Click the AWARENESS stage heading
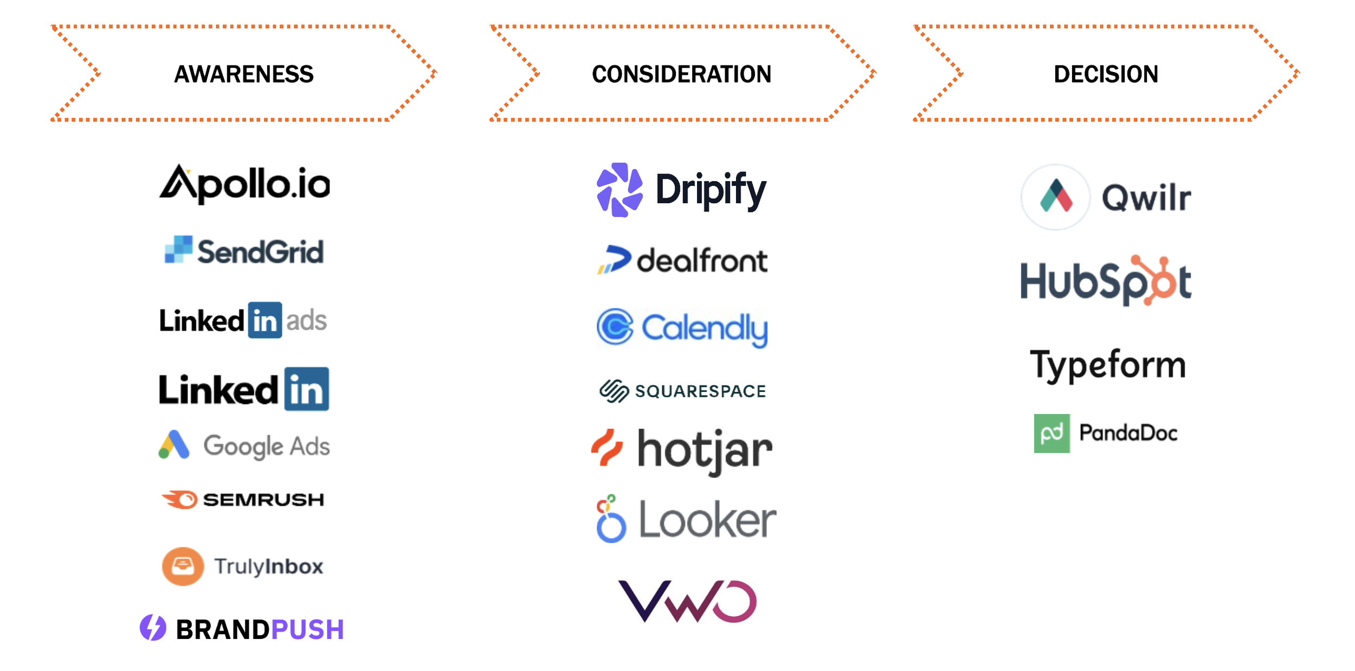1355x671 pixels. click(243, 74)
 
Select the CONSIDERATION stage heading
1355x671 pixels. click(681, 74)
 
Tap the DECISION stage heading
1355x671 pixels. click(1106, 74)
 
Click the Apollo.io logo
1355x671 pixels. click(244, 184)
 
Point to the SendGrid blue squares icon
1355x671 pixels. click(178, 250)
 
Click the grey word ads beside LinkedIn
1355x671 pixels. click(306, 321)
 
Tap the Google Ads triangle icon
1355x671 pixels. click(174, 445)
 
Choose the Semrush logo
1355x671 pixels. click(243, 499)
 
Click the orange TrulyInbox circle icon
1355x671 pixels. click(183, 566)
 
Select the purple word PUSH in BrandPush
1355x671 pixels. click(307, 630)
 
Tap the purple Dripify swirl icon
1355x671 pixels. click(620, 190)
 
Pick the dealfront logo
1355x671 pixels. click(682, 261)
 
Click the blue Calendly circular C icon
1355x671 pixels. click(615, 327)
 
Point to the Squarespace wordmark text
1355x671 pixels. click(700, 391)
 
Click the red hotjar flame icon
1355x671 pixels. click(607, 448)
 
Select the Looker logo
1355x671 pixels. click(686, 520)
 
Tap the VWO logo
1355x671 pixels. click(687, 601)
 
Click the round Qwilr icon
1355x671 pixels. click(1055, 197)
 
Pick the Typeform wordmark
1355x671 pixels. click(1108, 365)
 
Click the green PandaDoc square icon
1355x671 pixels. click(1051, 434)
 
